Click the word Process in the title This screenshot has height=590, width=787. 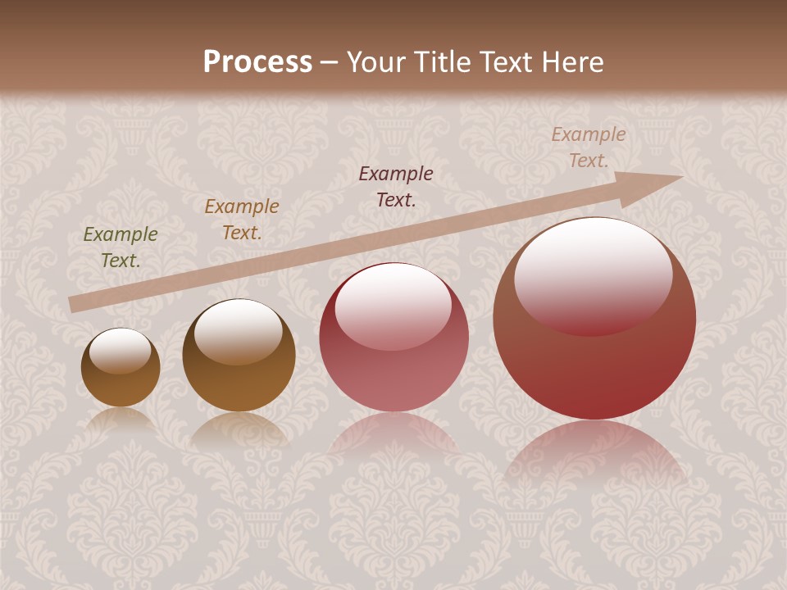[257, 62]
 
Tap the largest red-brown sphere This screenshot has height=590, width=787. [594, 361]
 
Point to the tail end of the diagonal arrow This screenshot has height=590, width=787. [72, 305]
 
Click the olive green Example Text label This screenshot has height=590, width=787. [121, 247]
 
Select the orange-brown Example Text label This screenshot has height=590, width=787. [242, 219]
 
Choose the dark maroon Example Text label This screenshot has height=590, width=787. [396, 186]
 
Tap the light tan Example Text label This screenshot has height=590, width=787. [589, 147]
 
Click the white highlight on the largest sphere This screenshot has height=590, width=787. [593, 275]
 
